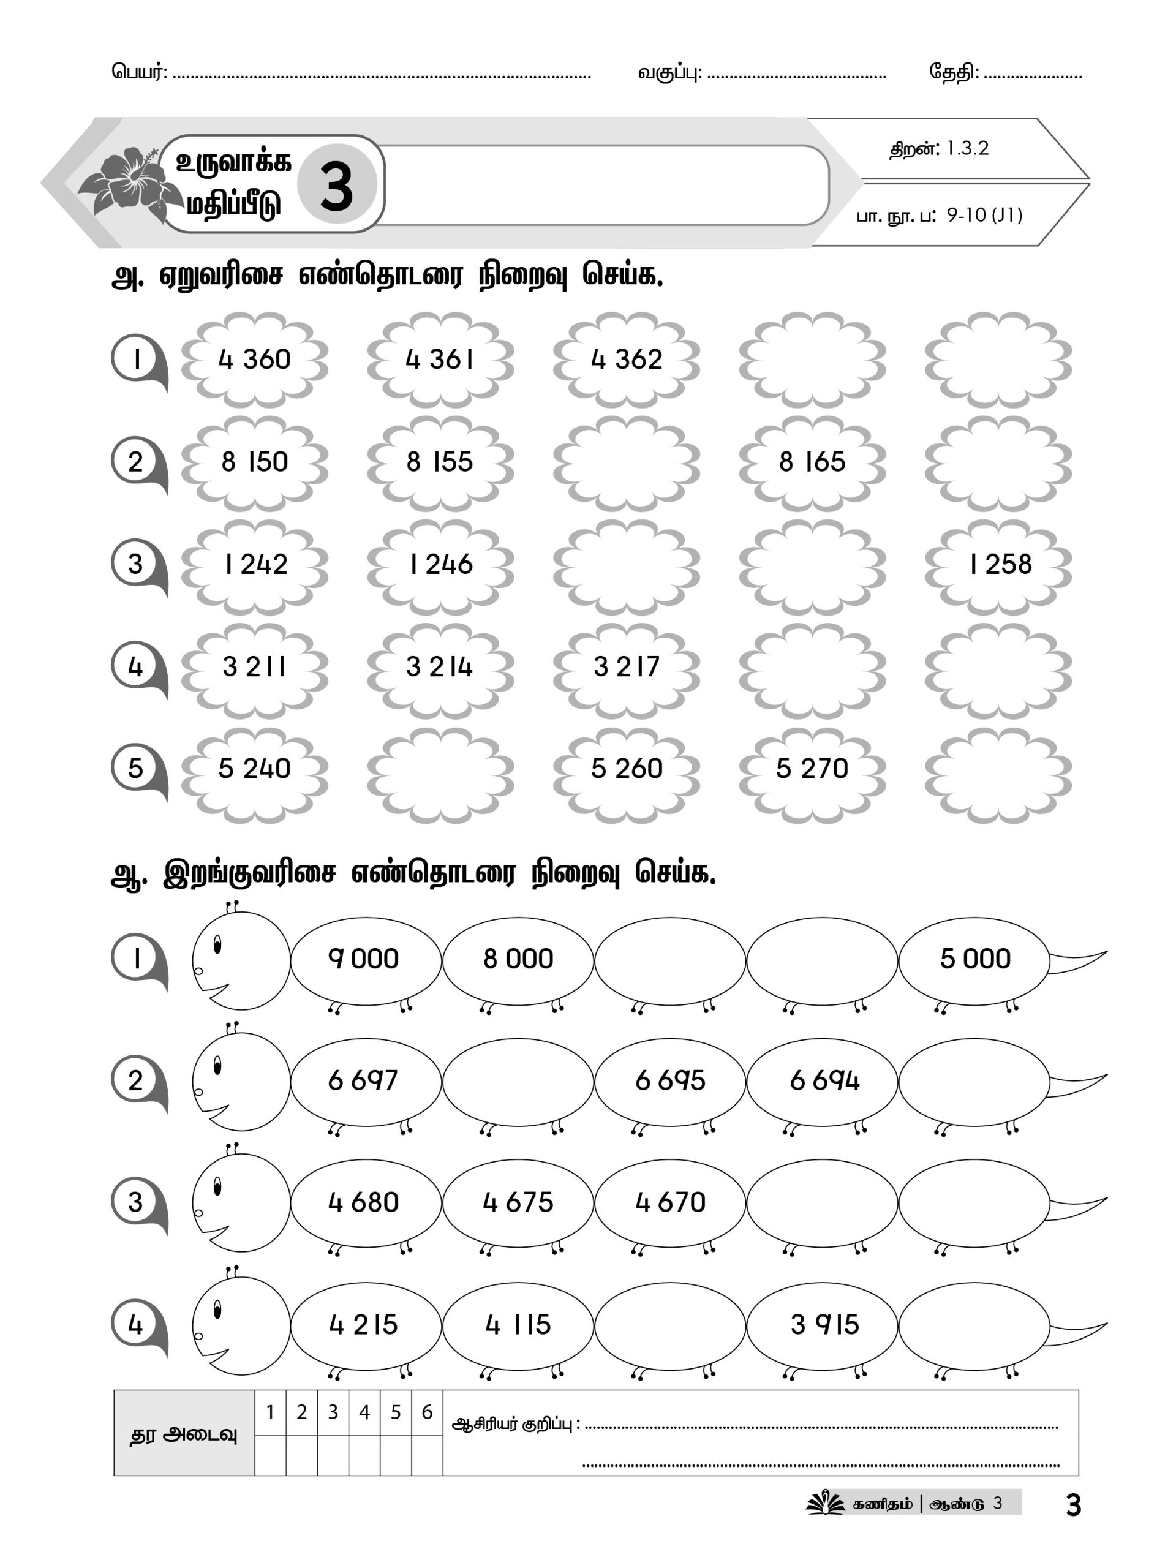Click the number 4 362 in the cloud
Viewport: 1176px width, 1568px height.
pyautogui.click(x=627, y=360)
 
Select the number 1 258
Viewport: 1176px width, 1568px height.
pyautogui.click(x=1000, y=564)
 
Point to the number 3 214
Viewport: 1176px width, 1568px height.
pyautogui.click(x=440, y=667)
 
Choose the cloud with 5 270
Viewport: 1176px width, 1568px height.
pyautogui.click(x=812, y=769)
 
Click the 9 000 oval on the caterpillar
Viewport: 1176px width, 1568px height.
pyautogui.click(x=364, y=959)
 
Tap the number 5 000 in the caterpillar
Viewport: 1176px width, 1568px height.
pyautogui.click(x=974, y=959)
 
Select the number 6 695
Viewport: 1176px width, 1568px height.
pyautogui.click(x=670, y=1081)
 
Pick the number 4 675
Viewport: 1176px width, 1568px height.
pyautogui.click(x=518, y=1202)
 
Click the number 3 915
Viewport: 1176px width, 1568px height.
pyautogui.click(x=824, y=1324)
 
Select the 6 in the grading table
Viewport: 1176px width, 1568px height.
pyautogui.click(x=427, y=1412)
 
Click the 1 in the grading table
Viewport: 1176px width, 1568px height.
pyautogui.click(x=270, y=1412)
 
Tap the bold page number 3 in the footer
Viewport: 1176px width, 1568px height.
pyautogui.click(x=1073, y=1506)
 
